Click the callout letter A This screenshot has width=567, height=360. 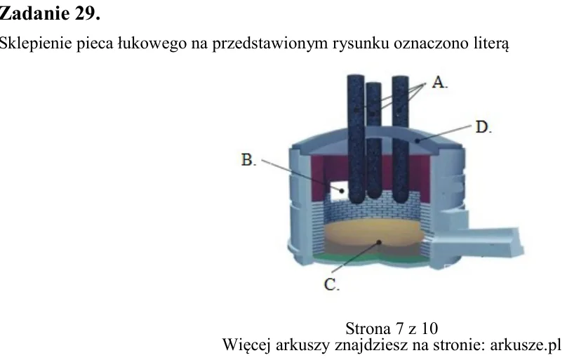coord(439,82)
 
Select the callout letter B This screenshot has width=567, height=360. coord(248,160)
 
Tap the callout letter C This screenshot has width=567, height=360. coord(331,284)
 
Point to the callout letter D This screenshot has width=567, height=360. coord(483,127)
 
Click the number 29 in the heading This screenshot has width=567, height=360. coord(87,14)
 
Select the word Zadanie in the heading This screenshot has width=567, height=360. coord(34,14)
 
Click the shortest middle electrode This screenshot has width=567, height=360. coord(373,140)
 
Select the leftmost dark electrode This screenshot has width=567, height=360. coord(356,139)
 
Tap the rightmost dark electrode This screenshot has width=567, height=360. coord(400,139)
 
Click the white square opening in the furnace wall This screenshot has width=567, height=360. coord(339,190)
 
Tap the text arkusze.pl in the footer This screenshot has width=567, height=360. coord(526,345)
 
